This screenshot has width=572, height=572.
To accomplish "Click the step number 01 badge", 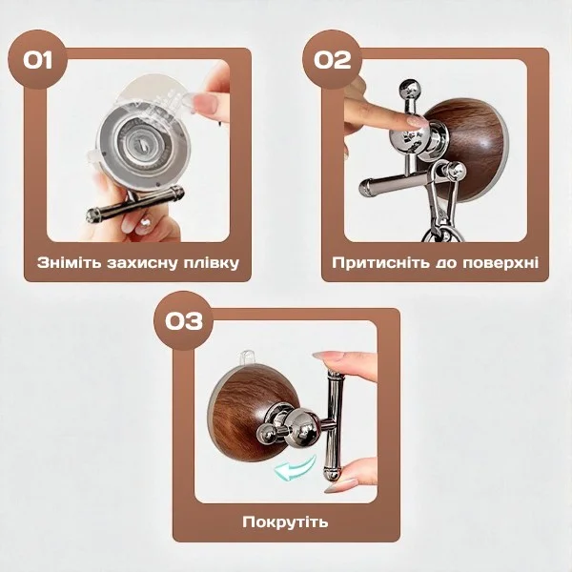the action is tap(37, 59).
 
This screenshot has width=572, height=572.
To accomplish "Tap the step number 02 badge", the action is tap(332, 59).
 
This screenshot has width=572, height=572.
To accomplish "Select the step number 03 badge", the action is tap(183, 320).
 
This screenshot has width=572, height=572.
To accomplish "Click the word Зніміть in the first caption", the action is tap(69, 263).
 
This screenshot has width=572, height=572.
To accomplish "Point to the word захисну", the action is tap(143, 263).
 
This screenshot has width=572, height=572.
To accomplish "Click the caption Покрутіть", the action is tap(285, 522).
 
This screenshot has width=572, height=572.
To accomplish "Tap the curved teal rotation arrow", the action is tap(295, 468).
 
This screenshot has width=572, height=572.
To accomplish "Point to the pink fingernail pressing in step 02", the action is tap(416, 121).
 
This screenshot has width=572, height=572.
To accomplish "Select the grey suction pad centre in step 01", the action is tap(140, 143).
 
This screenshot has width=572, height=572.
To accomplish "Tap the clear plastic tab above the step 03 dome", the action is tap(246, 357).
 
